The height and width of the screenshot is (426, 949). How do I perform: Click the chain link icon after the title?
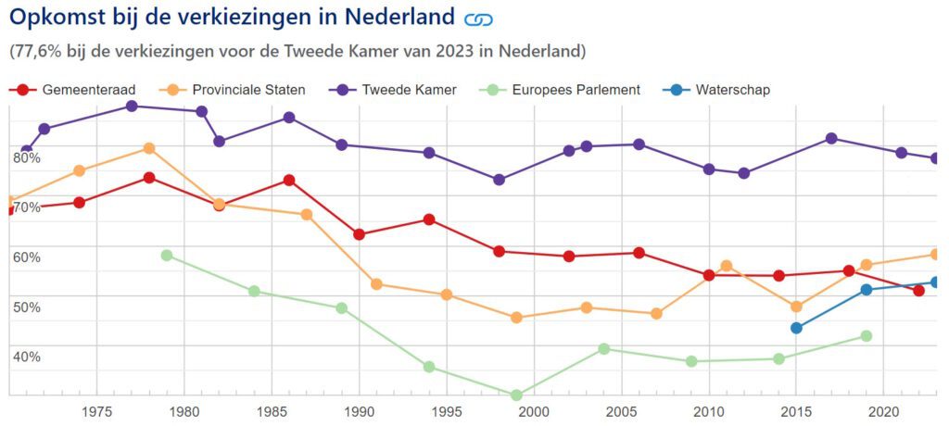478,19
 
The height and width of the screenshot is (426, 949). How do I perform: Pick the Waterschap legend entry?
718,90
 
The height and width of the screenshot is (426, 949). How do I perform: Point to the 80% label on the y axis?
27,157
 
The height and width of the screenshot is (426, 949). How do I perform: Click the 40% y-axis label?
27,357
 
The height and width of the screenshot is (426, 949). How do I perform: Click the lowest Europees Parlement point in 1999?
516,395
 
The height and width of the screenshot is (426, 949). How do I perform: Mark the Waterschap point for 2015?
796,328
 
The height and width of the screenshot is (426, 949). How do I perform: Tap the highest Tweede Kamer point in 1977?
132,106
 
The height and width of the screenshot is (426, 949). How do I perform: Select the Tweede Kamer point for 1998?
499,180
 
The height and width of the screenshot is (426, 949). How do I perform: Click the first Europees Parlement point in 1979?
167,256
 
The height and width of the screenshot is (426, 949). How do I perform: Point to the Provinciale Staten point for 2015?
796,307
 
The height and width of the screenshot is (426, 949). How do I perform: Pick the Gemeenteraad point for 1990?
359,234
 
